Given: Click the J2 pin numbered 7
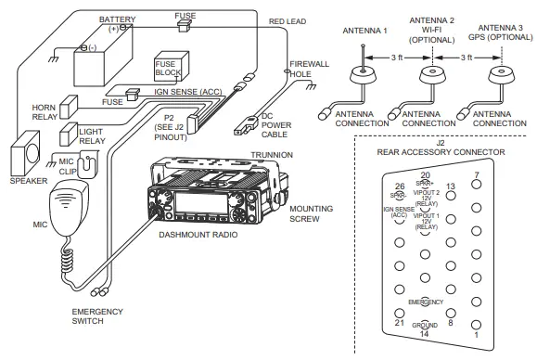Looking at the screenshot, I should [476, 185].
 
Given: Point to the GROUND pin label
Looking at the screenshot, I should [425, 326].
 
